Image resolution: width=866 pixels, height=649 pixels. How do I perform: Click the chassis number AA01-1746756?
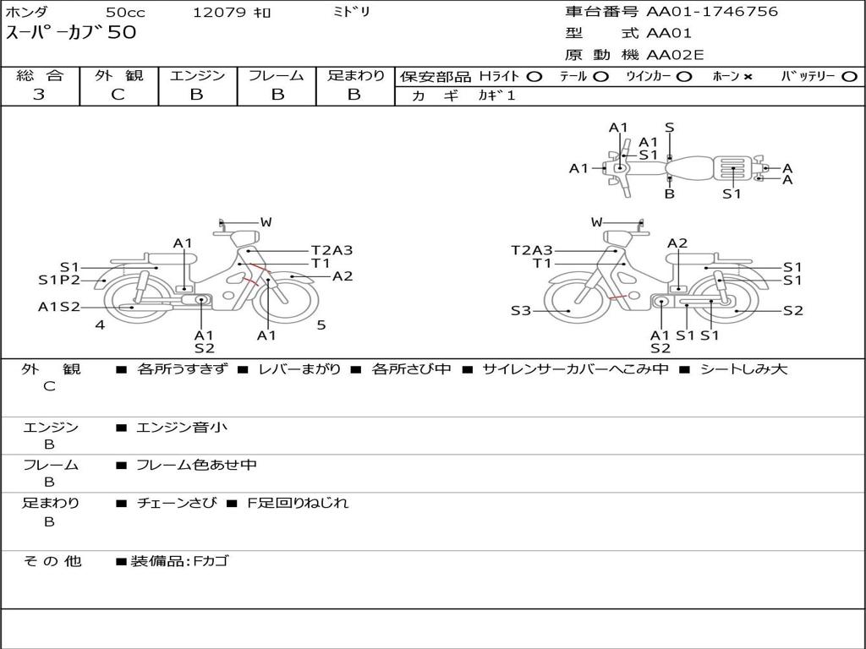(x=712, y=12)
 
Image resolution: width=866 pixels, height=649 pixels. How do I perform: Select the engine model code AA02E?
(x=675, y=55)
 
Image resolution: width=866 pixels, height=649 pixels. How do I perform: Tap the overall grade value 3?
(x=39, y=95)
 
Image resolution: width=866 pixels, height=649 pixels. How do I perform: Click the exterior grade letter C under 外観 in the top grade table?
(x=118, y=95)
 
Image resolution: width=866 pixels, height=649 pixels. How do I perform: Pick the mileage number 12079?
(x=219, y=12)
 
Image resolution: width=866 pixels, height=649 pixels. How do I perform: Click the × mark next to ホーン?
(x=748, y=77)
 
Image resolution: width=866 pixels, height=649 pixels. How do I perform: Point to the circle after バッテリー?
(x=850, y=77)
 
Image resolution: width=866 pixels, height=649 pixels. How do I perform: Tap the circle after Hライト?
(x=534, y=77)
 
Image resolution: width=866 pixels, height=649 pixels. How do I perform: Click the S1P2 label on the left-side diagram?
(x=59, y=280)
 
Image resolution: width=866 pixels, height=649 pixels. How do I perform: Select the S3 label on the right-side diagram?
(x=521, y=311)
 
